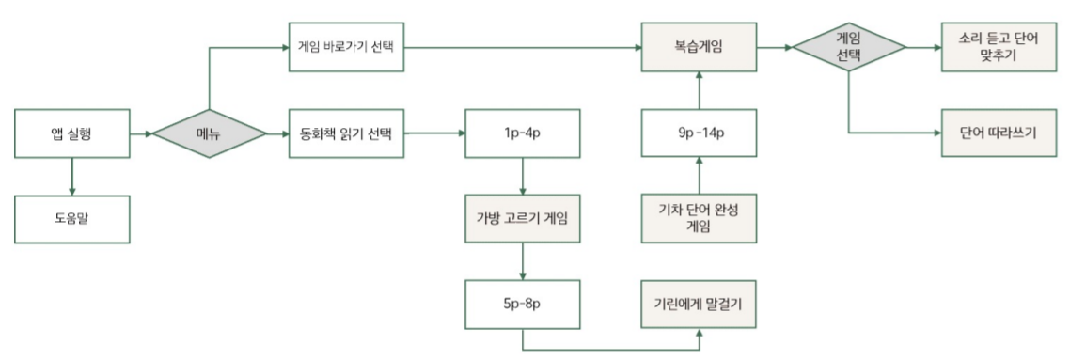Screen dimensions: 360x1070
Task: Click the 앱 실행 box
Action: (72, 134)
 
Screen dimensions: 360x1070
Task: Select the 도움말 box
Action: (72, 221)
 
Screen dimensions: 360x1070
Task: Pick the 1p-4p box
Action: (523, 134)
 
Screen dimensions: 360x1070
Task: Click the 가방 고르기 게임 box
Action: (523, 221)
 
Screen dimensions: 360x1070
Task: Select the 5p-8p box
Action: (523, 304)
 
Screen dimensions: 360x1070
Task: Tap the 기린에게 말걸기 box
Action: (700, 304)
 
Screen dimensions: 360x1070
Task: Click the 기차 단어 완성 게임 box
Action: (700, 220)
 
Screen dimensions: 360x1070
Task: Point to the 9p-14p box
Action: (700, 134)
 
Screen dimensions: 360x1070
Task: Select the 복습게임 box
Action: (700, 45)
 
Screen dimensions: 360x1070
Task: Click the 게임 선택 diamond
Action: (849, 45)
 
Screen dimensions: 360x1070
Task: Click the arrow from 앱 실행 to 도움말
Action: (72, 177)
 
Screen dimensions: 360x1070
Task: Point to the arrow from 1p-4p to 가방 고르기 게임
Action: (523, 177)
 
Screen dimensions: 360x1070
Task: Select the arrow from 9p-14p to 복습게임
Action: (700, 90)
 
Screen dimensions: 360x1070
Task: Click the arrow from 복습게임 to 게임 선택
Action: (775, 45)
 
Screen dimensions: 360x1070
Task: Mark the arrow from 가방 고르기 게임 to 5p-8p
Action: (523, 261)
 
